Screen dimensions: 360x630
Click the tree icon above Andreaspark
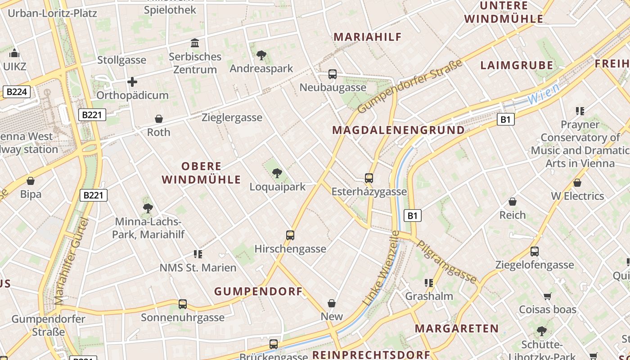click(x=261, y=55)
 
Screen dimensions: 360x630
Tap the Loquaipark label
click(x=278, y=187)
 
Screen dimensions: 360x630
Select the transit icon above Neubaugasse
click(x=333, y=74)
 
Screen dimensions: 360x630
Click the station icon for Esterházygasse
click(x=369, y=178)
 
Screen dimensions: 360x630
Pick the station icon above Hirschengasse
click(x=290, y=235)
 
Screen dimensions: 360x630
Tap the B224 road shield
click(x=17, y=92)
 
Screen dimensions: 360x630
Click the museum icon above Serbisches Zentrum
click(x=195, y=43)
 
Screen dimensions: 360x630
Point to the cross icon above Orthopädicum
click(x=132, y=82)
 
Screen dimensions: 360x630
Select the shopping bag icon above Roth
click(x=158, y=119)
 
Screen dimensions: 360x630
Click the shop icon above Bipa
click(x=31, y=181)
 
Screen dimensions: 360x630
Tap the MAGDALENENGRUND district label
click(x=398, y=130)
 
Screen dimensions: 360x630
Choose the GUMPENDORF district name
click(x=258, y=292)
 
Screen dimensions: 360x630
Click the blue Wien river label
click(x=544, y=93)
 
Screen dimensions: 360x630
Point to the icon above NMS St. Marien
click(x=198, y=254)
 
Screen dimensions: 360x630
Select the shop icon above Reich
click(x=512, y=202)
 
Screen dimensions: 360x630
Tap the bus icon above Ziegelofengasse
click(x=534, y=252)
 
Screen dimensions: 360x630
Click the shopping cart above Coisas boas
click(x=547, y=296)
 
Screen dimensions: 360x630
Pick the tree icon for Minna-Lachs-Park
click(x=148, y=208)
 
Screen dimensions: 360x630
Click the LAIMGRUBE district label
click(x=517, y=65)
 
